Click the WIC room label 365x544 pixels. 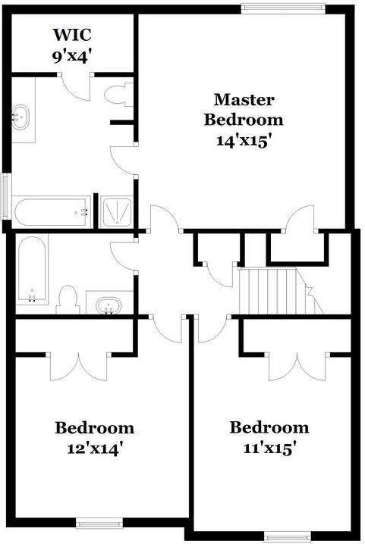(x=72, y=35)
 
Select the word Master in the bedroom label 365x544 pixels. (x=244, y=99)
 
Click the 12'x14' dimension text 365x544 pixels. (x=95, y=448)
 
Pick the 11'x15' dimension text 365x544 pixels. (x=269, y=447)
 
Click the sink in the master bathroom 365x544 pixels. (x=22, y=117)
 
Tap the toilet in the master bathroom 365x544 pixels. (x=118, y=95)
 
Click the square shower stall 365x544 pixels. (x=118, y=211)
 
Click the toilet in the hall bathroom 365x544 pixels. (x=68, y=299)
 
